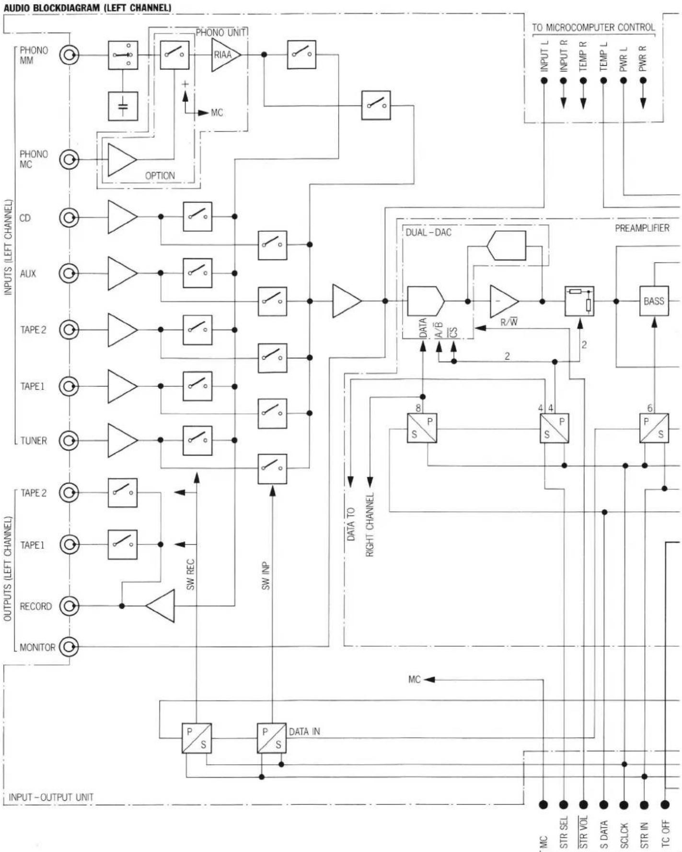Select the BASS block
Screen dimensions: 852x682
pos(654,301)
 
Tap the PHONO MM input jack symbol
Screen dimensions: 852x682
pos(69,55)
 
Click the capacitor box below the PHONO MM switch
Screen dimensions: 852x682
pos(123,106)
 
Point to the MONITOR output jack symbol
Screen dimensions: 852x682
pos(69,647)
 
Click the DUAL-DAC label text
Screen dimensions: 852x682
pos(428,233)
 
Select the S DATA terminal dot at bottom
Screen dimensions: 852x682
pos(604,805)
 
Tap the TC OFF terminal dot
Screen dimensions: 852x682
pos(665,805)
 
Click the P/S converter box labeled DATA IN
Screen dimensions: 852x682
pos(272,738)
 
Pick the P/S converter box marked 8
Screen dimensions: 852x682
pos(422,428)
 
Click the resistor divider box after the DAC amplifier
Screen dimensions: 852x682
pos(579,301)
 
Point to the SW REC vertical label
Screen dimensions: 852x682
pos(191,574)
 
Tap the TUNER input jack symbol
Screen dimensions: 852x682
pos(69,440)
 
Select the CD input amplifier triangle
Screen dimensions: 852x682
pos(122,217)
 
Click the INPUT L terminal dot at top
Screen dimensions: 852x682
pos(544,80)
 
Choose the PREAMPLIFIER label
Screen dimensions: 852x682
pos(642,228)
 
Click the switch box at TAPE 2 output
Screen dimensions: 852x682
pos(123,493)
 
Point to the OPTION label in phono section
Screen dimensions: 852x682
pos(160,176)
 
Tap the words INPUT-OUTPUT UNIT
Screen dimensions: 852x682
pos(51,797)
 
